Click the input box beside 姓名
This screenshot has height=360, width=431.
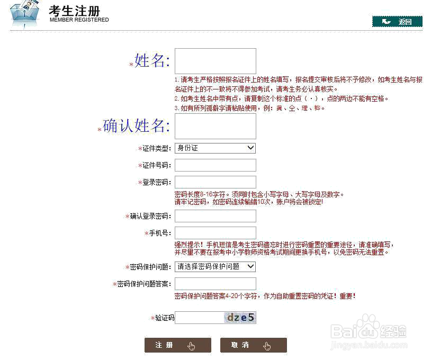[x=215, y=60]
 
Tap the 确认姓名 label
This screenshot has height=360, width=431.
[x=136, y=126]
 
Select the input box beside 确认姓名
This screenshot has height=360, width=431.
[x=215, y=126]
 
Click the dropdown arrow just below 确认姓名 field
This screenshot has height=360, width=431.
[x=250, y=148]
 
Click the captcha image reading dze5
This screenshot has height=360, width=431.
[x=241, y=318]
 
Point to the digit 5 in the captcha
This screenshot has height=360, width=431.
[x=252, y=318]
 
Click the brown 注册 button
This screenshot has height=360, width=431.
[x=177, y=345]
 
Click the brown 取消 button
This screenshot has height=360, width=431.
[x=253, y=345]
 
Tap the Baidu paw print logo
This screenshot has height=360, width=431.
[x=366, y=327]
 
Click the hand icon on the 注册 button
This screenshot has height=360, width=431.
[x=192, y=346]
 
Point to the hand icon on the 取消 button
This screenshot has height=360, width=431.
[x=267, y=346]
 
